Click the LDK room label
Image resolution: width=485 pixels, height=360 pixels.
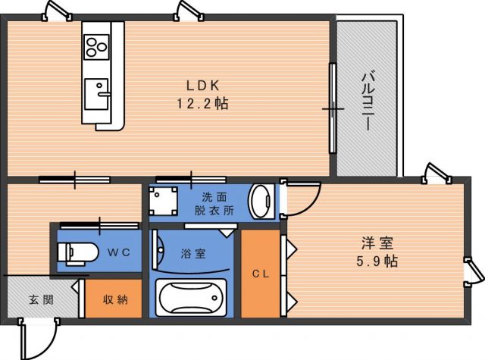click(x=203, y=86)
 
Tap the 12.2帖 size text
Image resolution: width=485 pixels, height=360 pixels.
click(x=203, y=103)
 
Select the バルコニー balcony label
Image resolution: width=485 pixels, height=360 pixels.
click(x=368, y=101)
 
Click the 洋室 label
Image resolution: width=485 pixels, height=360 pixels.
click(x=377, y=243)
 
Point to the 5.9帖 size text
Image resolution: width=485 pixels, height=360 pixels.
click(x=377, y=261)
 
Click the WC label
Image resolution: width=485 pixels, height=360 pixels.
click(x=119, y=252)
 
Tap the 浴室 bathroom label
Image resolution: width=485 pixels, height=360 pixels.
click(x=193, y=254)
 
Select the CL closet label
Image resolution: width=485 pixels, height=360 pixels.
click(x=261, y=274)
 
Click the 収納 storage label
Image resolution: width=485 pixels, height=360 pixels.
click(x=115, y=299)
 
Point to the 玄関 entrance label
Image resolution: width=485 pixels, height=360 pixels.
click(x=42, y=299)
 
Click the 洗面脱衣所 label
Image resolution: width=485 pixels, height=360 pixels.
click(x=214, y=204)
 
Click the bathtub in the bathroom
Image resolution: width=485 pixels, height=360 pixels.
click(x=191, y=298)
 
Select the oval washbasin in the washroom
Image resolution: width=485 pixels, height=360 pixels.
click(x=261, y=202)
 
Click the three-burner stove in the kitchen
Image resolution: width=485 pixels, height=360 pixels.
click(x=96, y=47)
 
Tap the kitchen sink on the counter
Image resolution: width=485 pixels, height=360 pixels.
click(x=97, y=94)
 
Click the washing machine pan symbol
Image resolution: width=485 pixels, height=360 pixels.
click(x=164, y=201)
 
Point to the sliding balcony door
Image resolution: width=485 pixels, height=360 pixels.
click(x=333, y=108)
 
